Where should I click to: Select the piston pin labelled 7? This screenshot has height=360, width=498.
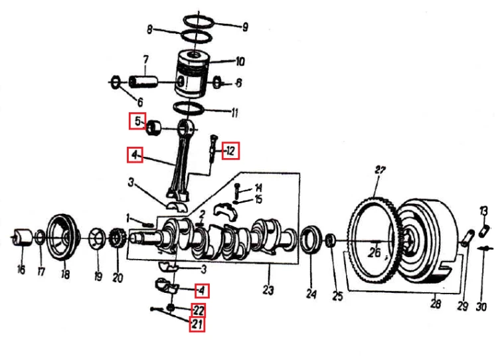tap(143, 81)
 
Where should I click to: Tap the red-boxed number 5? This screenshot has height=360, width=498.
tap(137, 121)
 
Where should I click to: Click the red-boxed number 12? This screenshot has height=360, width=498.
tap(230, 151)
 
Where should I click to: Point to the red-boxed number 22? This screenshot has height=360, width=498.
tap(198, 310)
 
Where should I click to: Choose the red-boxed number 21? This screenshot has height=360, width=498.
tap(197, 324)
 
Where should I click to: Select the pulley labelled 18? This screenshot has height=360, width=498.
tap(64, 238)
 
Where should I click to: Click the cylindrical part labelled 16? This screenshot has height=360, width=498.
tap(22, 237)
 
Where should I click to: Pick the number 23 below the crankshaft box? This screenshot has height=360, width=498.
tap(268, 290)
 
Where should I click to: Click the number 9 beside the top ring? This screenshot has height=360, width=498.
tap(245, 27)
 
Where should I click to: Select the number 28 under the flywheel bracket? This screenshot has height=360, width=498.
tap(436, 304)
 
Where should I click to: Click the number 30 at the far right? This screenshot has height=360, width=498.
tap(481, 307)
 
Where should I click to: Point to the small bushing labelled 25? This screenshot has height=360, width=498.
tap(331, 240)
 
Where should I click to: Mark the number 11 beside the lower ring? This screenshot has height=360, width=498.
tap(234, 113)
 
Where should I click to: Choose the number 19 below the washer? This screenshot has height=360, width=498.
tap(98, 276)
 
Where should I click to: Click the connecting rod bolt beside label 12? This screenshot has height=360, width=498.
tap(212, 149)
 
